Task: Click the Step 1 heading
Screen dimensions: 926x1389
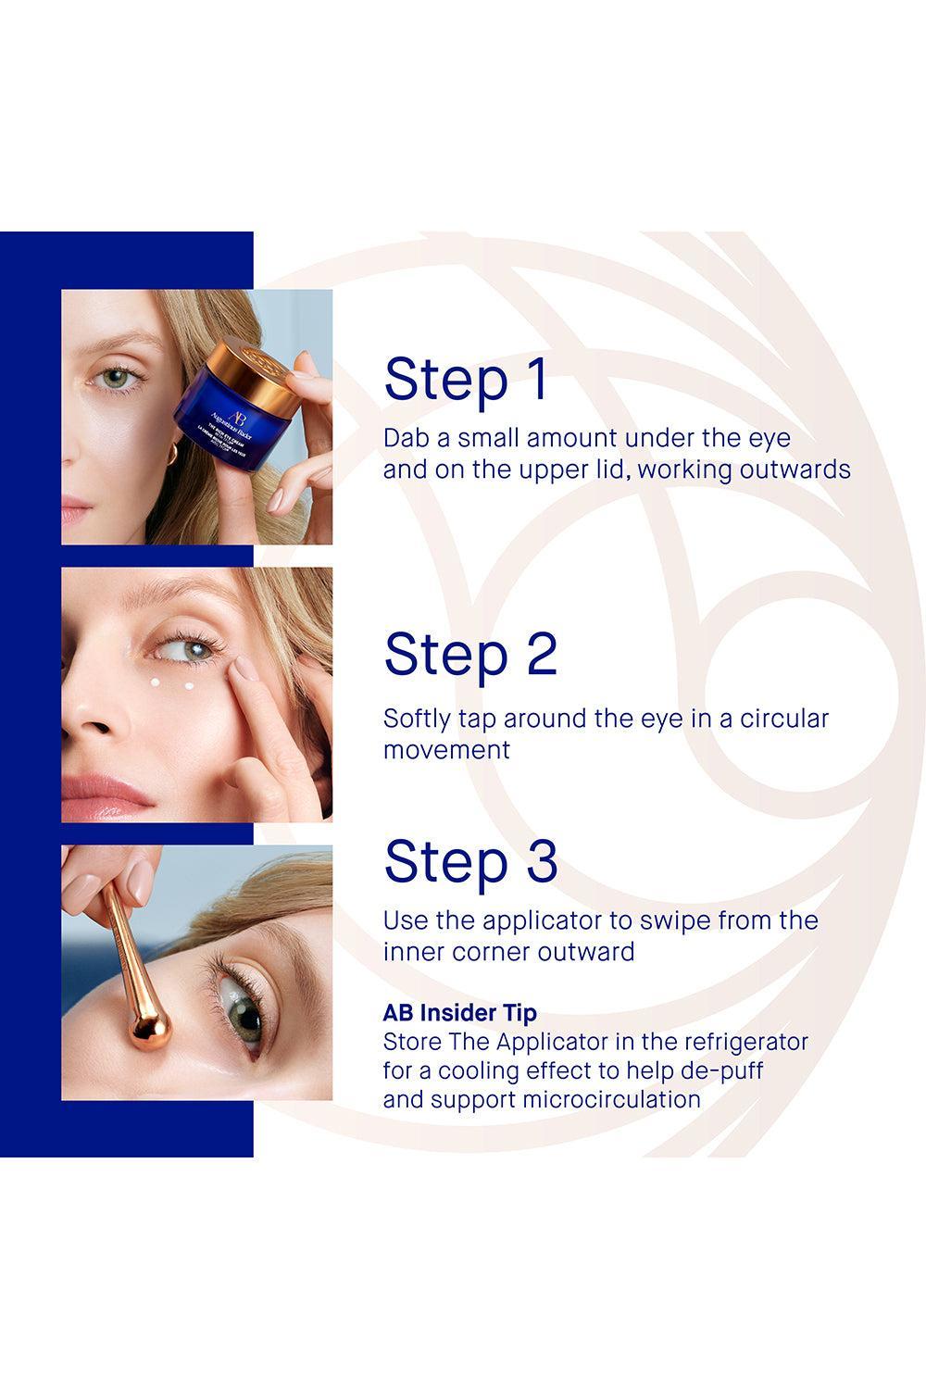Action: (x=465, y=379)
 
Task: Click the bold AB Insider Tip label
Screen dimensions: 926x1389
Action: (x=459, y=1013)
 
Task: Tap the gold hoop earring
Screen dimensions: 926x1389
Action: (x=172, y=454)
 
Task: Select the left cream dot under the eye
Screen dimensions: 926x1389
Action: (x=155, y=682)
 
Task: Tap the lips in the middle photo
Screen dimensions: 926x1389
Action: (x=106, y=795)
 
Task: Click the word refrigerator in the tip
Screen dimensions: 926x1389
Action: (x=739, y=1043)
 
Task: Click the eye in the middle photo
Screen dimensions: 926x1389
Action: (x=187, y=649)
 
